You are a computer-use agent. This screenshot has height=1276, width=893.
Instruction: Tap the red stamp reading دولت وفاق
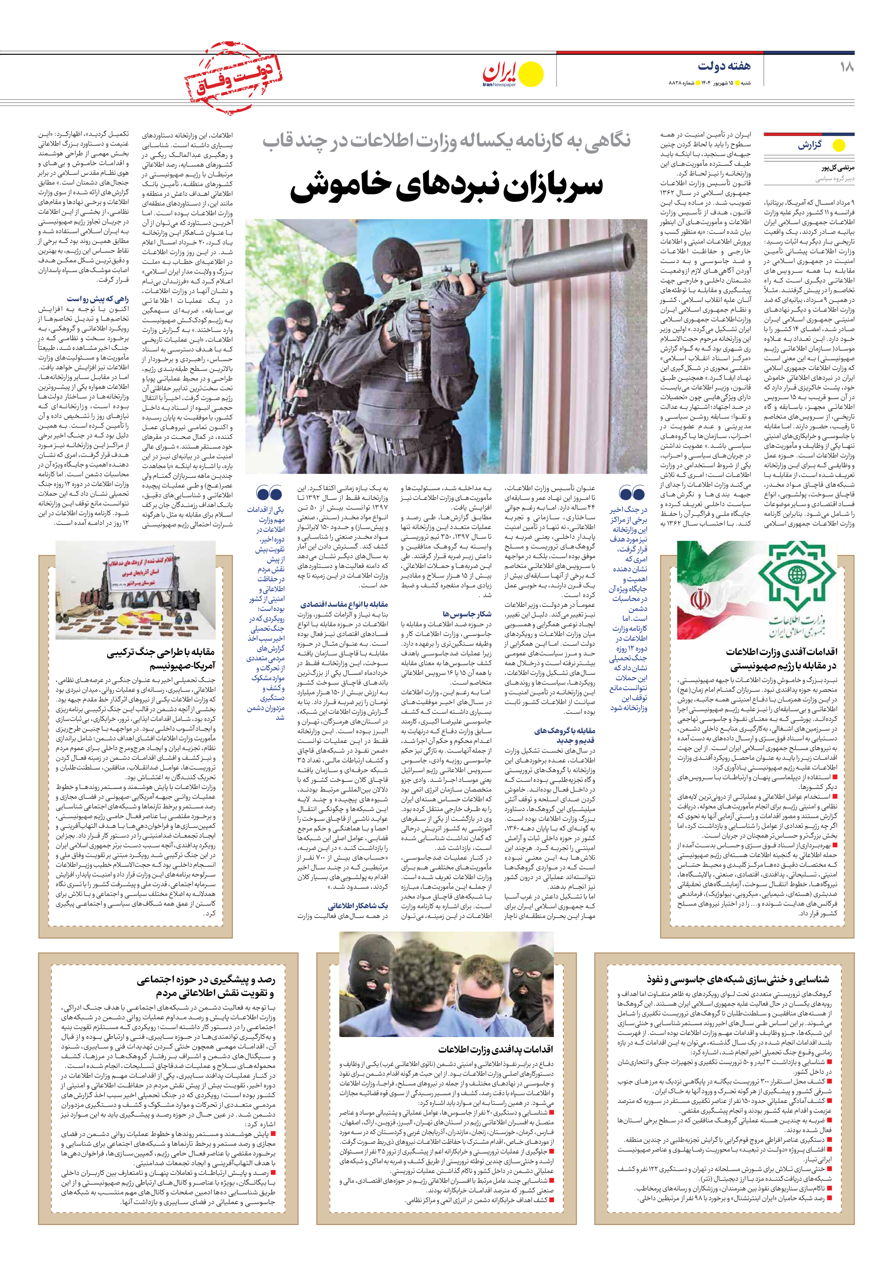[233, 78]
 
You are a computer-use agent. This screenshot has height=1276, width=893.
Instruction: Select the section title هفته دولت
[724, 66]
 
